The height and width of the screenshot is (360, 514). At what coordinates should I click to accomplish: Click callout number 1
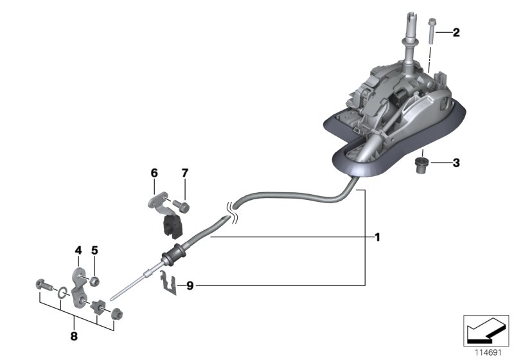coord(378,238)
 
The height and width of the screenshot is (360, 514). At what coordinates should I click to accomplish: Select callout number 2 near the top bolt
coord(456,32)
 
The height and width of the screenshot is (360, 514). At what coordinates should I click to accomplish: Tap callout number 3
coord(456,163)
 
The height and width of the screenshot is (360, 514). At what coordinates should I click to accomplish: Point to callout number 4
coord(78,249)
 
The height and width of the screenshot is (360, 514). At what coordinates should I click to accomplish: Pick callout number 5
coord(94,249)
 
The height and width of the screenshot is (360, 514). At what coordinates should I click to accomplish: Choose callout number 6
coord(154,173)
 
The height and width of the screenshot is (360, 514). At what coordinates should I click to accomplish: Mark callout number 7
coord(184,173)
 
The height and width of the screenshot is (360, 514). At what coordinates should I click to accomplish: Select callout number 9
coord(190,285)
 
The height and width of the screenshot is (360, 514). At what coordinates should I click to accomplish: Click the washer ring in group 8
coord(60,293)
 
